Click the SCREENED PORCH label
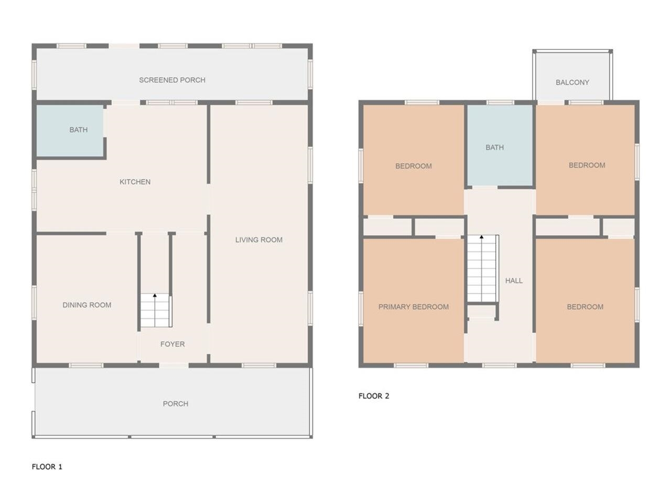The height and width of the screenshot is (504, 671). pyautogui.click(x=172, y=80)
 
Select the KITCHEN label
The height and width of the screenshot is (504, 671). pyautogui.click(x=135, y=182)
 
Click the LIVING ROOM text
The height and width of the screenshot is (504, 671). pyautogui.click(x=258, y=240)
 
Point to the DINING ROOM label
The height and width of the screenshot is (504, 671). pyautogui.click(x=86, y=305)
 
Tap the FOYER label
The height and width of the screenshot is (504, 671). pyautogui.click(x=172, y=344)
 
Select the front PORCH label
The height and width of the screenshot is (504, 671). pyautogui.click(x=175, y=404)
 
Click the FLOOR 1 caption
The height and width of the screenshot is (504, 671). pyautogui.click(x=47, y=467)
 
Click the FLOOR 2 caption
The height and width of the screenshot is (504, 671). pyautogui.click(x=374, y=396)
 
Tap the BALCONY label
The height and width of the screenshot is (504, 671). pyautogui.click(x=572, y=82)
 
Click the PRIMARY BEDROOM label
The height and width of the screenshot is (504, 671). pyautogui.click(x=413, y=307)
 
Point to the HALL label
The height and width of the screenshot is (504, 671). pyautogui.click(x=514, y=281)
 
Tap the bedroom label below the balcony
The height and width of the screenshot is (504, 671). pyautogui.click(x=587, y=165)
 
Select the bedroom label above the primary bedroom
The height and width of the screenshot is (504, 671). pyautogui.click(x=413, y=166)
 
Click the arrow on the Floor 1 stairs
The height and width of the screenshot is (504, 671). pyautogui.click(x=155, y=297)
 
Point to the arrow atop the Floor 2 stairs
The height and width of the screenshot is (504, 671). pyautogui.click(x=482, y=237)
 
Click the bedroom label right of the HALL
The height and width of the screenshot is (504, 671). pyautogui.click(x=585, y=307)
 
